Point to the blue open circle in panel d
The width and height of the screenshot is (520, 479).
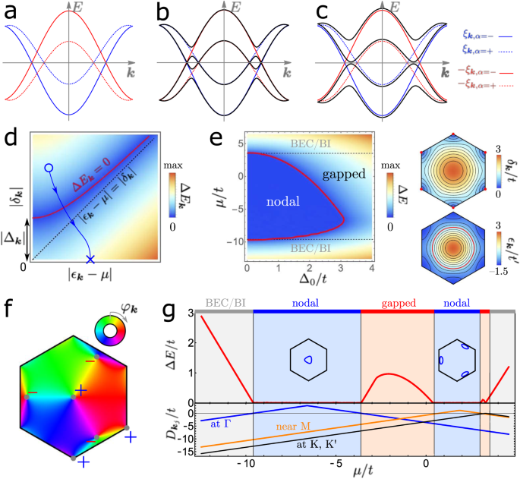(49, 166)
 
